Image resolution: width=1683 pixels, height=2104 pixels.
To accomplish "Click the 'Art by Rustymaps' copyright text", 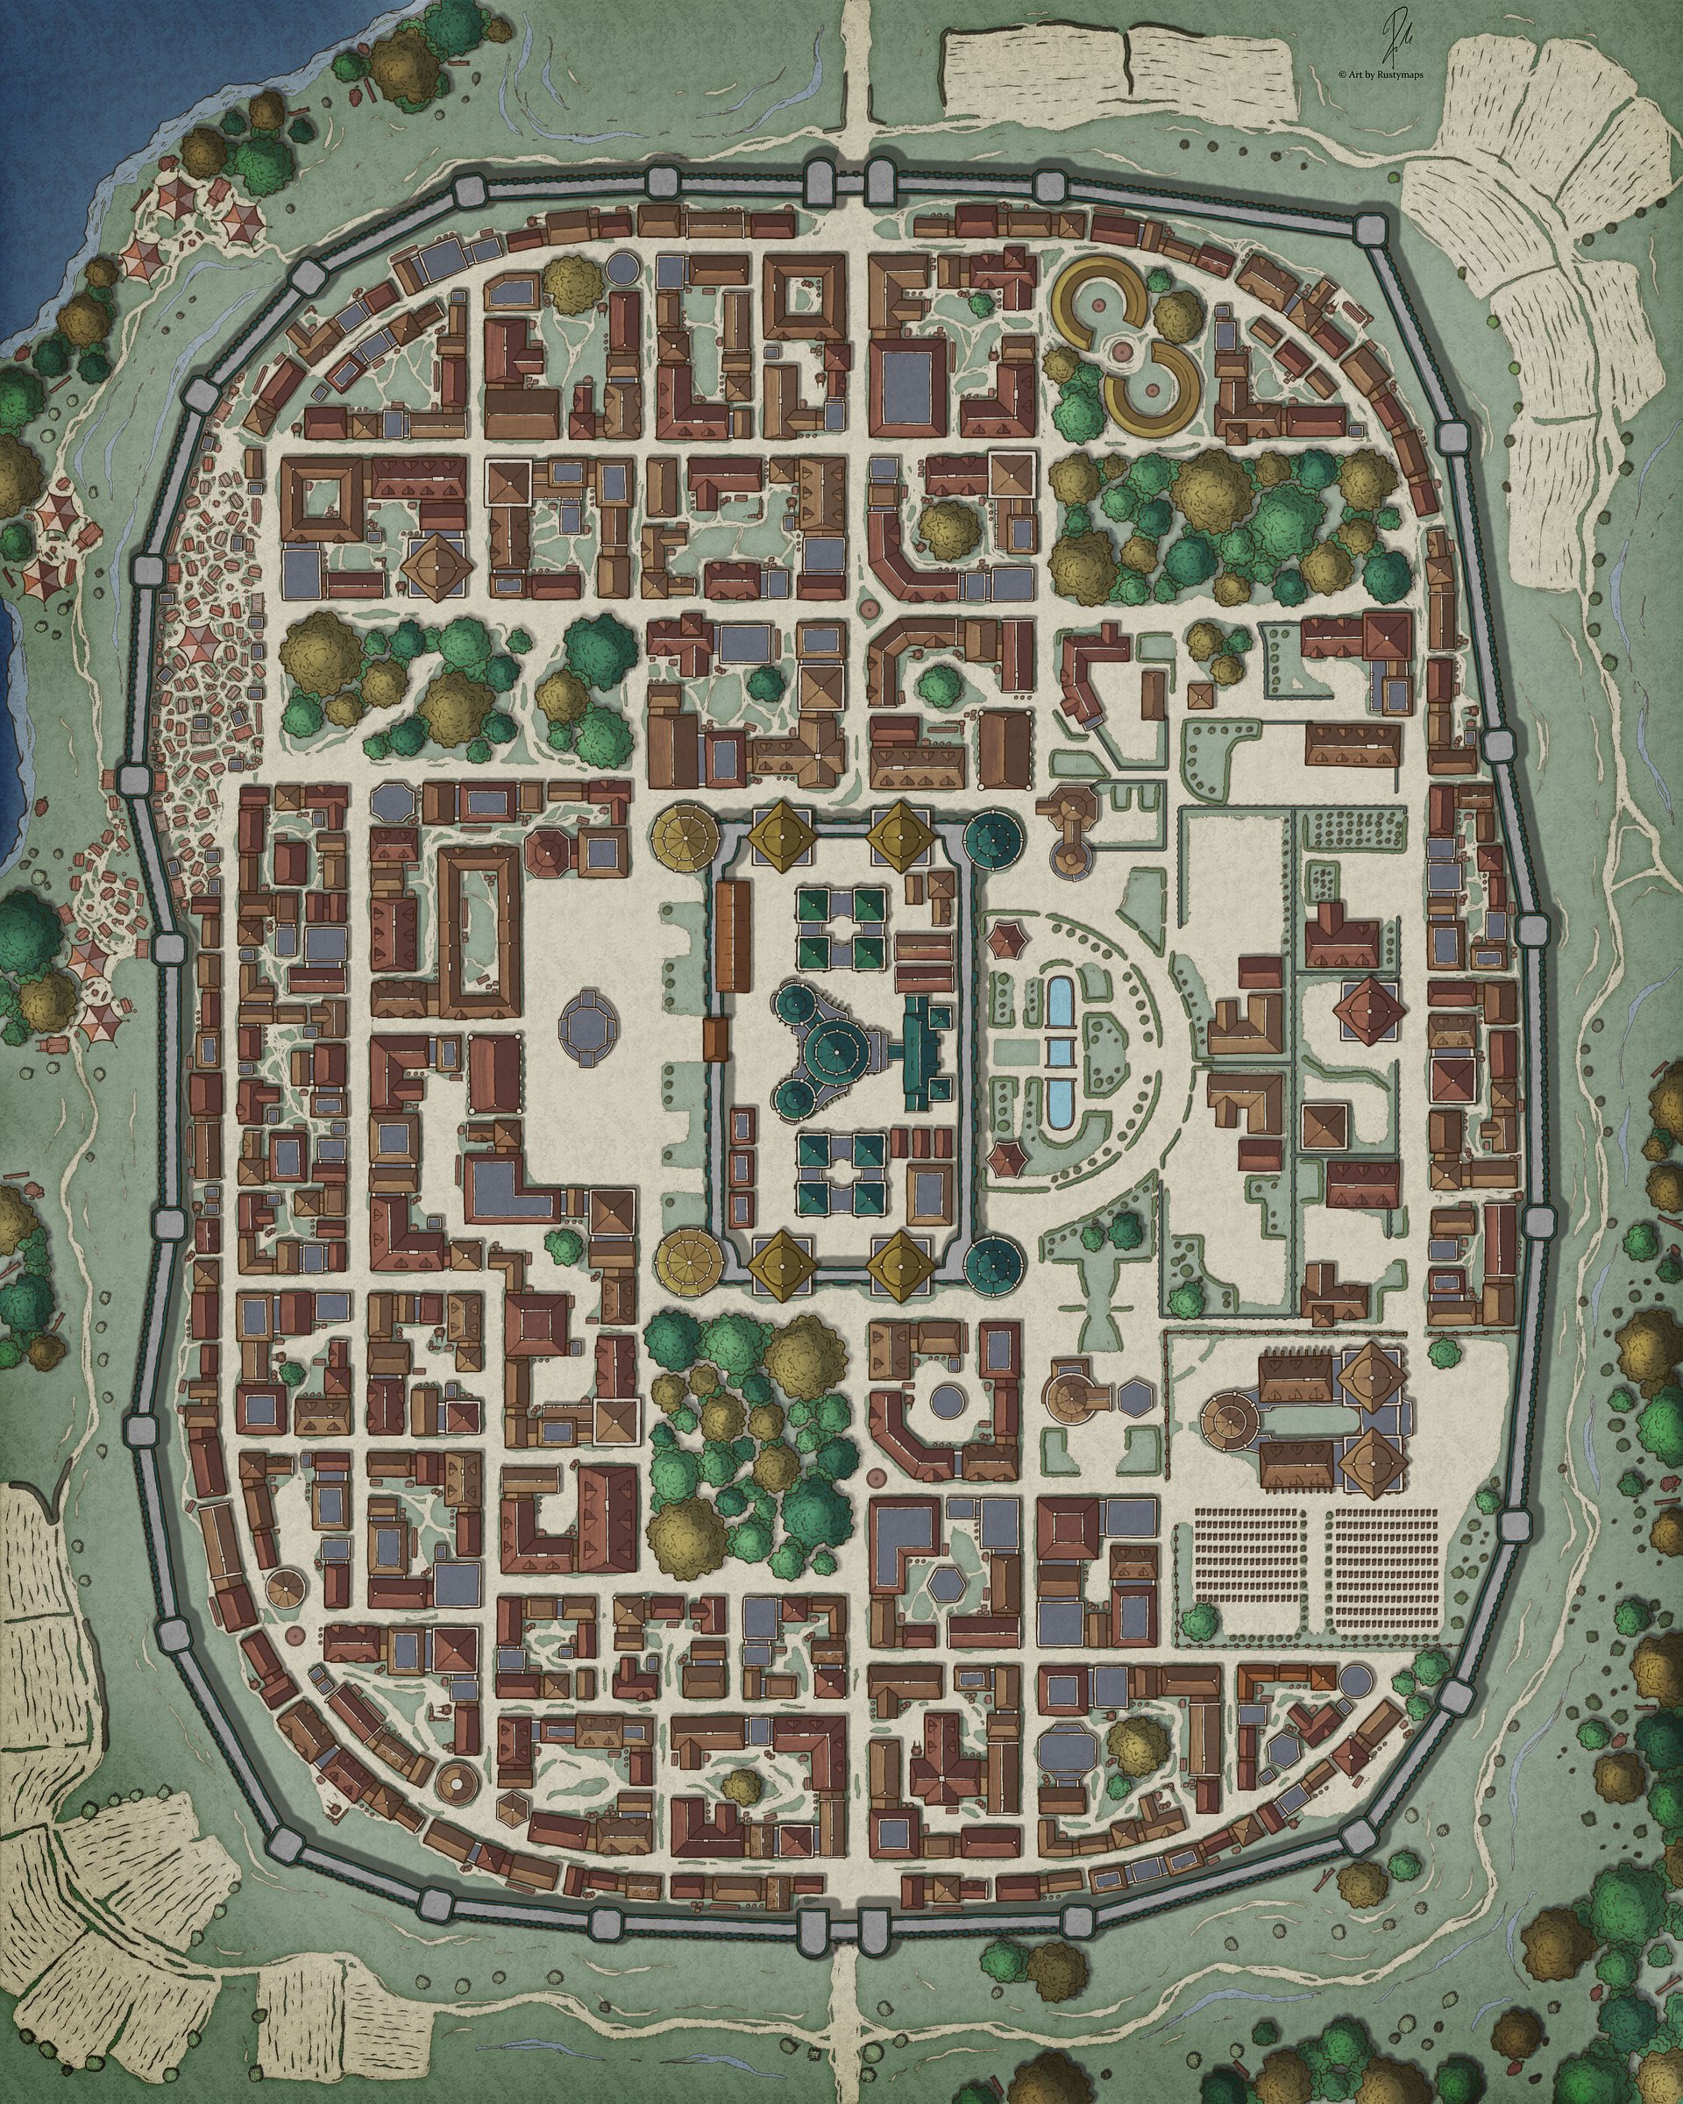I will pos(1381,72).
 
